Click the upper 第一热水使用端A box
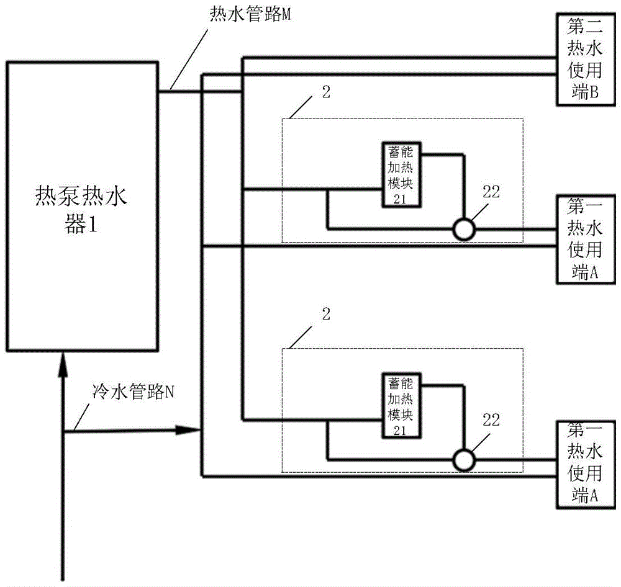pyautogui.click(x=584, y=239)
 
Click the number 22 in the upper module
pyautogui.click(x=491, y=192)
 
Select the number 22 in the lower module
pyautogui.click(x=491, y=420)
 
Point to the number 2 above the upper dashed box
pyautogui.click(x=327, y=92)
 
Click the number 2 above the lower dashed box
pyautogui.click(x=327, y=313)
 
